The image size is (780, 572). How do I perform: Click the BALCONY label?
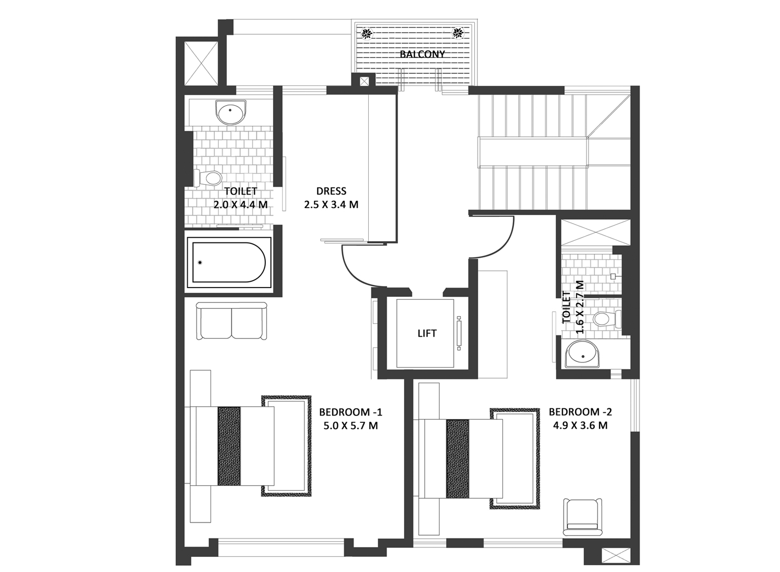click(422, 54)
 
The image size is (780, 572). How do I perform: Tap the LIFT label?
click(427, 333)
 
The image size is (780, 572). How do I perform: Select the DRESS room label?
click(331, 191)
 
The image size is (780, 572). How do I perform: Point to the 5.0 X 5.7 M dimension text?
click(350, 425)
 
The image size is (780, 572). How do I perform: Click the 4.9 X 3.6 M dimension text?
click(580, 425)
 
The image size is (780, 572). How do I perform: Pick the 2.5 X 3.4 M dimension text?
click(331, 204)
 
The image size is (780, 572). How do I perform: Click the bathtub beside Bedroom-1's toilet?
click(229, 263)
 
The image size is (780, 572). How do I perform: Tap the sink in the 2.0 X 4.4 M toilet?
click(230, 112)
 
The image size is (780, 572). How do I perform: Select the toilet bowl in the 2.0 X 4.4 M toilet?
click(208, 178)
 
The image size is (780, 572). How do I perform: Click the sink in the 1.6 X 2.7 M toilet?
click(582, 354)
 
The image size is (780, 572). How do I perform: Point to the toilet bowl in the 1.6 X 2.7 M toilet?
click(606, 318)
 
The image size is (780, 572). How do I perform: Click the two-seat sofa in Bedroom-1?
click(231, 321)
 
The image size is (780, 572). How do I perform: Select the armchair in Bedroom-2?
click(582, 517)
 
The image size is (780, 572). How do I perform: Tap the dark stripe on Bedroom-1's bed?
click(229, 446)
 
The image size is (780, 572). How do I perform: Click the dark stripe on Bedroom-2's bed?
click(458, 459)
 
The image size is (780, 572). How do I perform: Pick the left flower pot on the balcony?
click(366, 33)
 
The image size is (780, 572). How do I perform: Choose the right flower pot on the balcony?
click(458, 33)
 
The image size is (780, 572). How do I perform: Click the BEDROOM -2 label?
click(580, 412)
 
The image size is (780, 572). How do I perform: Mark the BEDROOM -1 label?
click(350, 412)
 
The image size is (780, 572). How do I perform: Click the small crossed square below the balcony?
click(364, 82)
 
